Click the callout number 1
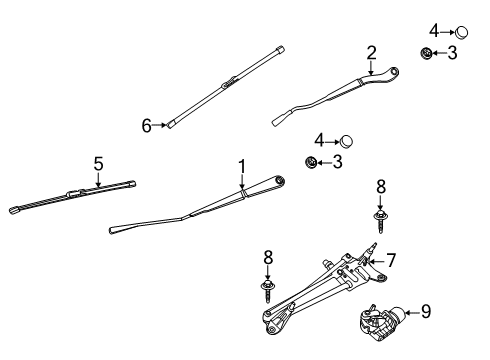tap(241, 164)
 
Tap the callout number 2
tap(371, 53)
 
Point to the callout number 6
tap(146, 125)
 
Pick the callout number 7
tap(391, 261)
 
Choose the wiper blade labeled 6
tap(225, 86)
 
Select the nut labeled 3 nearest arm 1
tap(311, 161)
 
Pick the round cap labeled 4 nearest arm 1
tap(347, 140)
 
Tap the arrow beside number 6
tap(160, 125)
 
